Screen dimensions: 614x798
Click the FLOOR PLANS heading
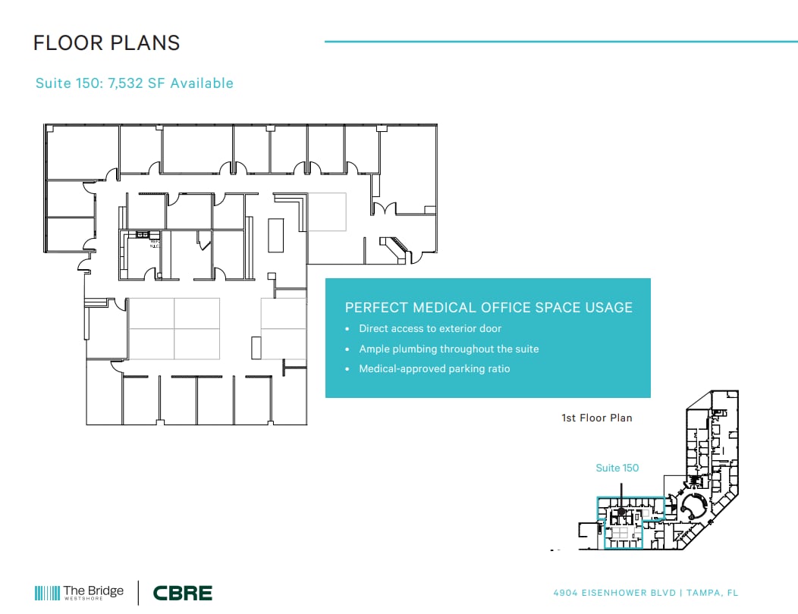point(107,42)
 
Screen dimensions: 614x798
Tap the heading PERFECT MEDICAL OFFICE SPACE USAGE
point(489,307)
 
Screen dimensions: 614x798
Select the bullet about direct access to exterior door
point(430,329)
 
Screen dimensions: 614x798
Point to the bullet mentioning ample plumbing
point(449,349)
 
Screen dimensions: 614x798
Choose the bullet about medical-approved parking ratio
point(435,369)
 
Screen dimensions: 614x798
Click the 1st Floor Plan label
point(596,418)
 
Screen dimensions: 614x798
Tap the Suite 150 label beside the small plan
point(617,468)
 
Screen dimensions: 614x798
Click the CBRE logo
point(182,593)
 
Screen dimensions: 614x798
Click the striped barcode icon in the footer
point(47,593)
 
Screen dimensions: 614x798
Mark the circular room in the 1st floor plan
point(691,506)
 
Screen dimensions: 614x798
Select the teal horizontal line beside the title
point(561,42)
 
